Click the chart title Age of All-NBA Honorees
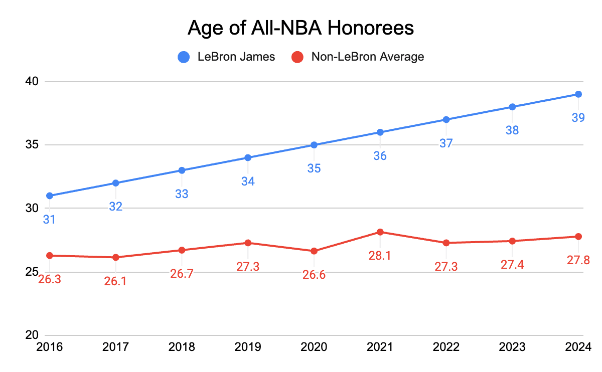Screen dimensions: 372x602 tap(300, 28)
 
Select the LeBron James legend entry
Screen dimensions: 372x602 tap(227, 57)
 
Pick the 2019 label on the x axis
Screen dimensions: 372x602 tap(248, 347)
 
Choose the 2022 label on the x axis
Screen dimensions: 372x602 tap(446, 347)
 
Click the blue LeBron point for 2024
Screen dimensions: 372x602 tap(578, 94)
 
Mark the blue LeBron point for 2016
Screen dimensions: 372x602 tap(49, 196)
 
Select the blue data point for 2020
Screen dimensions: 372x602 tap(314, 145)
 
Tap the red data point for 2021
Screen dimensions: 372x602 tap(380, 232)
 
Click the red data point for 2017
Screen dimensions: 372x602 tap(115, 257)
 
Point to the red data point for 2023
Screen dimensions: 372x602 tap(512, 241)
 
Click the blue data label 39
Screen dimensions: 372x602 tap(578, 118)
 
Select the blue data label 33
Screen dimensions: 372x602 tap(182, 194)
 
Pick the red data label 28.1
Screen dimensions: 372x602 tap(380, 256)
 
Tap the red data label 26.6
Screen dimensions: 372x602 tap(314, 275)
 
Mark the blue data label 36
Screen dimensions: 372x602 tap(380, 156)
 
